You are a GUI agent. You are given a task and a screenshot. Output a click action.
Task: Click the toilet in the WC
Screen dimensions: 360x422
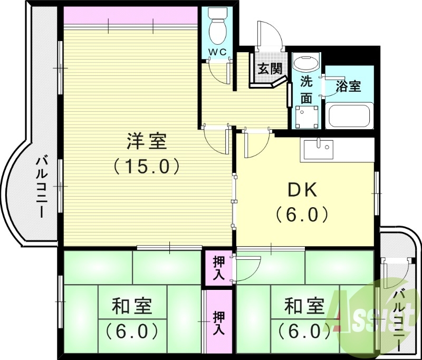(217, 26)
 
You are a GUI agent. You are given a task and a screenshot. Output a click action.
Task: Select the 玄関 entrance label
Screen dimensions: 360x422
(269, 68)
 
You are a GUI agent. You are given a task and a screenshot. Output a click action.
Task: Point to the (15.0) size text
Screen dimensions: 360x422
(147, 166)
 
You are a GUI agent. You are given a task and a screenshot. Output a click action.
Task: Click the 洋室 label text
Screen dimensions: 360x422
(147, 141)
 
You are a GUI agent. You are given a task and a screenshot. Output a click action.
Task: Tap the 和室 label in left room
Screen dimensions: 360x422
(132, 306)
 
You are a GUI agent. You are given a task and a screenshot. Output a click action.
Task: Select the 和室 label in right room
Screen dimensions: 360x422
(304, 306)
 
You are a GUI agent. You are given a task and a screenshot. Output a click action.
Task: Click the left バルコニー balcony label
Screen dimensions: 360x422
(40, 187)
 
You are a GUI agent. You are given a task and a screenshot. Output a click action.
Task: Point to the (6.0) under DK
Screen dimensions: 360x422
(302, 215)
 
